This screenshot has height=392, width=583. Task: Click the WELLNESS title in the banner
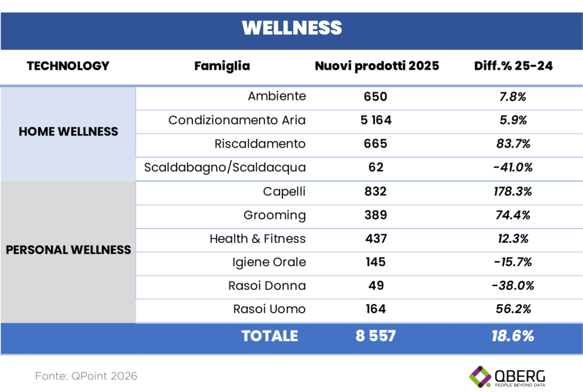point(291,27)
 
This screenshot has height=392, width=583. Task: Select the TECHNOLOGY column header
point(68,66)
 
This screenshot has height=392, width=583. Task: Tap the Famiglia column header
point(222,66)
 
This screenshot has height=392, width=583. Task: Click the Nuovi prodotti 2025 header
point(377,66)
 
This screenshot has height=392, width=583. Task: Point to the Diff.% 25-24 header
point(513,66)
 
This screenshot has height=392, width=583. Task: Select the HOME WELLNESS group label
point(68,132)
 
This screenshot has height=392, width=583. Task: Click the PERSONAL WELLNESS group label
point(68,250)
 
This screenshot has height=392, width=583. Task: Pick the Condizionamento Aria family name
point(237,120)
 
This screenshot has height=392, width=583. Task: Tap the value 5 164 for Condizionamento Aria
point(375,120)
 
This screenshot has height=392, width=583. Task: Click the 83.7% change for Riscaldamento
point(512,144)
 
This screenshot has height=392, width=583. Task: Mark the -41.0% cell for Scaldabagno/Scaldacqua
point(512,168)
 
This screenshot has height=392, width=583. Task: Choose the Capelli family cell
point(284,191)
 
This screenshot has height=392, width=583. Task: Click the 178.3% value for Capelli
point(512,191)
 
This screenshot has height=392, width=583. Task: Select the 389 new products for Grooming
point(375,215)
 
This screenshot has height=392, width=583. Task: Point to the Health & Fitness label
point(257,239)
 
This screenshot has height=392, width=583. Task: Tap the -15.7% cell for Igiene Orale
point(512,262)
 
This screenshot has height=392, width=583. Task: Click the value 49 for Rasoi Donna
point(375,285)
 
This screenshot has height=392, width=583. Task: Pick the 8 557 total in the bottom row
point(375,336)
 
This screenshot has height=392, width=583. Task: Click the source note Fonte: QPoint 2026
point(86,376)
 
